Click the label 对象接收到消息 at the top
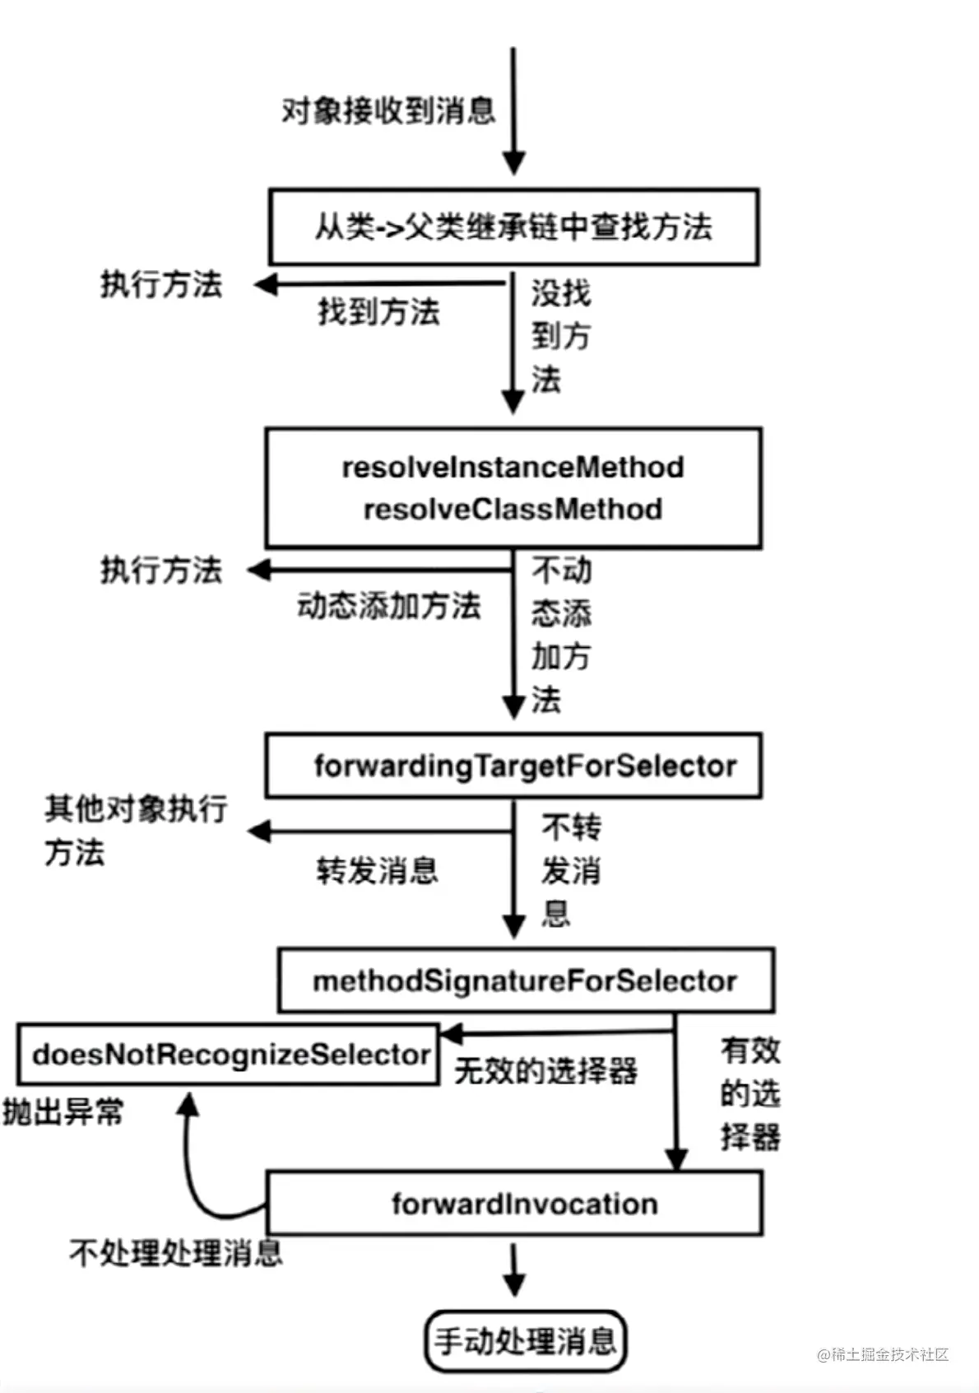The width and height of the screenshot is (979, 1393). (388, 109)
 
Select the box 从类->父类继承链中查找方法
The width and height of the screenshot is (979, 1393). (513, 227)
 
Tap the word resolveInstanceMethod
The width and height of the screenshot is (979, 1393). (513, 467)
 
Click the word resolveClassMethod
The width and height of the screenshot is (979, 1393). (513, 509)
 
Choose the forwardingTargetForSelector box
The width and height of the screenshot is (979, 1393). (513, 766)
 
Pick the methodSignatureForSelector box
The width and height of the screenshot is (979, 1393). (525, 981)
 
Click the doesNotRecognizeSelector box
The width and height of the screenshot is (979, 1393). (229, 1055)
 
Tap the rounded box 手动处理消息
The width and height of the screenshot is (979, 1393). (525, 1341)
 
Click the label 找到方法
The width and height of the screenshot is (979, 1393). (379, 312)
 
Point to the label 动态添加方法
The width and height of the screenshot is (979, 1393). (389, 606)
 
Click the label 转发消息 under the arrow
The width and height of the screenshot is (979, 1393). (378, 870)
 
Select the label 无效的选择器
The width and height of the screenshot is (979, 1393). (545, 1071)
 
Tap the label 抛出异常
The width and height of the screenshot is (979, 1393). (63, 1112)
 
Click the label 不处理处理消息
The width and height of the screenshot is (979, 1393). (176, 1253)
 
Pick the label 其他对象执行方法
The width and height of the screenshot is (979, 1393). (136, 830)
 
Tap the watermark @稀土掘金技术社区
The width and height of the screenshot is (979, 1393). (883, 1354)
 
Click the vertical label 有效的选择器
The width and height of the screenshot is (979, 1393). (749, 1093)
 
